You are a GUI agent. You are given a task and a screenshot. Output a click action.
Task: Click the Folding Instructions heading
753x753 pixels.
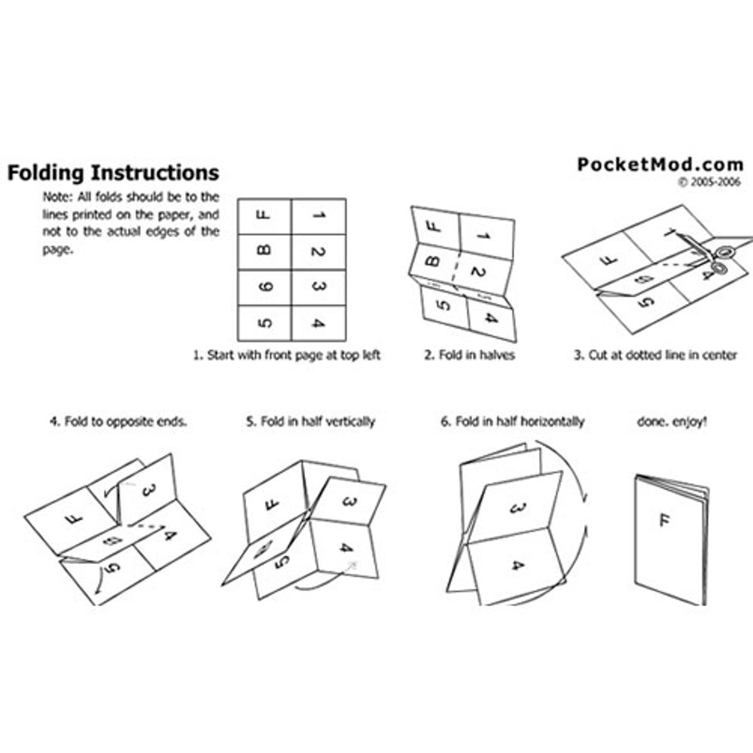pyautogui.click(x=114, y=173)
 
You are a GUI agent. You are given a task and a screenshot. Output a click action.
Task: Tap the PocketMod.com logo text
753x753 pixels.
pyautogui.click(x=660, y=164)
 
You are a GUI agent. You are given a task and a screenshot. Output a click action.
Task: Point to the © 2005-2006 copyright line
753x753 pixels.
pyautogui.click(x=709, y=182)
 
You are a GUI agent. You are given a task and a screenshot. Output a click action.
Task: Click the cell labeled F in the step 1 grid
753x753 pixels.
pyautogui.click(x=265, y=216)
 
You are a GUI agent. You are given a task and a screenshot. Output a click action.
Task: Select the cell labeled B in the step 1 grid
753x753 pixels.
pyautogui.click(x=265, y=252)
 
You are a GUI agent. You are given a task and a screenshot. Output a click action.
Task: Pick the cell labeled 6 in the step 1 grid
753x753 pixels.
pyautogui.click(x=265, y=287)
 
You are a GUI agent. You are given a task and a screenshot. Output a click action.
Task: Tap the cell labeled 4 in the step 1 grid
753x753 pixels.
pyautogui.click(x=319, y=323)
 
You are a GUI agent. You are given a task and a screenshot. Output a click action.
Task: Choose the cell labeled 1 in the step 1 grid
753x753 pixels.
pyautogui.click(x=319, y=216)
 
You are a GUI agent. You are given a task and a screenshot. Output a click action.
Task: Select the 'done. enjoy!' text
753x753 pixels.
pyautogui.click(x=671, y=422)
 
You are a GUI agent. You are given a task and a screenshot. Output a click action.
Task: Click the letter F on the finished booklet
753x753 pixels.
pyautogui.click(x=665, y=520)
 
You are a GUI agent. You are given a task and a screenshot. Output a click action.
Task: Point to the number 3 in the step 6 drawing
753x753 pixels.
pyautogui.click(x=518, y=508)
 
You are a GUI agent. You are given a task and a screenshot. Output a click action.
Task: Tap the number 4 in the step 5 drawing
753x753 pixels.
pyautogui.click(x=346, y=548)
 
